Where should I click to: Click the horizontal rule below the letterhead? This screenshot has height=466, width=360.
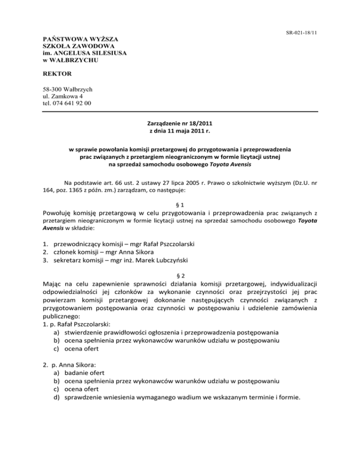coord(180,112)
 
